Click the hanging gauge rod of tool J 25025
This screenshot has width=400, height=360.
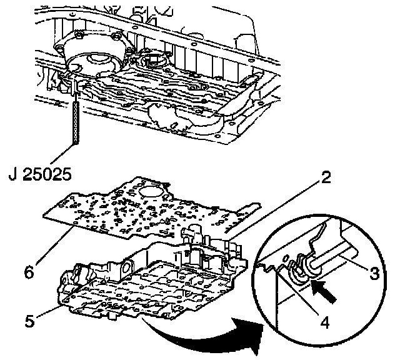(76, 119)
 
